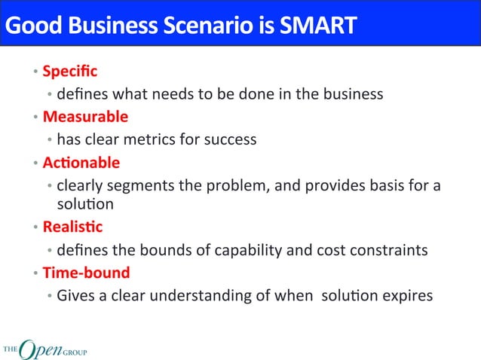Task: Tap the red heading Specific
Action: [x=69, y=72]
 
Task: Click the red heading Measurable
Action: [x=85, y=117]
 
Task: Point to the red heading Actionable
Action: [x=81, y=163]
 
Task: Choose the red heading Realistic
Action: [x=72, y=227]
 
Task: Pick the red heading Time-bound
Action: [x=86, y=272]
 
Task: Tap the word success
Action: [x=231, y=139]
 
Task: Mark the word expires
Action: [x=408, y=295]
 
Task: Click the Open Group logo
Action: [x=44, y=347]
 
